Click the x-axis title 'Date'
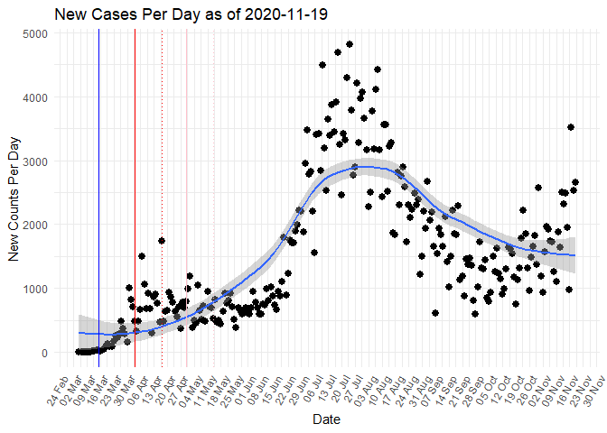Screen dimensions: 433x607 pos(326,419)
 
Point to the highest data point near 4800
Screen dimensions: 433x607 pos(350,44)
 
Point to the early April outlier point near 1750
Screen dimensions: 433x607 pos(162,241)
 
